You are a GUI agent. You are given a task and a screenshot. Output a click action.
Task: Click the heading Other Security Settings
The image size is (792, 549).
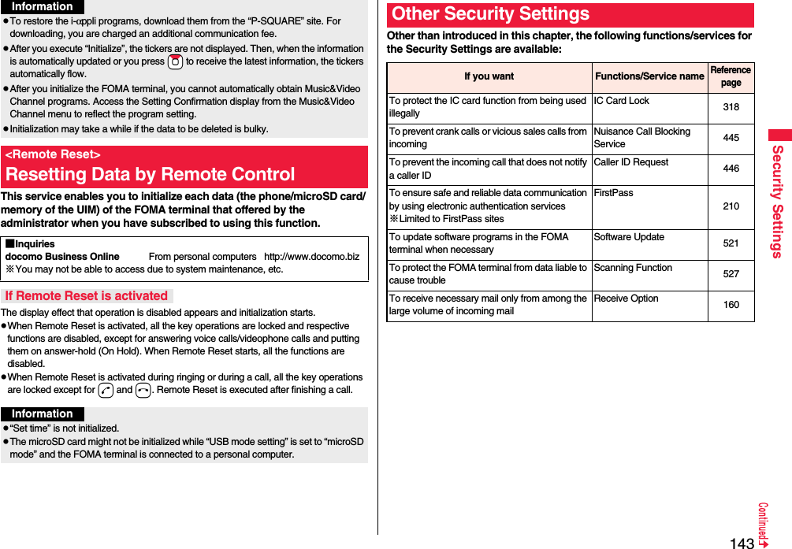(x=490, y=14)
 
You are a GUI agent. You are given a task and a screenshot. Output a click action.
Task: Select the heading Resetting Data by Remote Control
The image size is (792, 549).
(x=151, y=174)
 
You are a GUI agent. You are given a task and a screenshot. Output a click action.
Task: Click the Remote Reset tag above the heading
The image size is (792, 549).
(x=53, y=154)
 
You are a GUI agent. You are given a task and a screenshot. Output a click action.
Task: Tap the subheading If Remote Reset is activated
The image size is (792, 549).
(x=86, y=296)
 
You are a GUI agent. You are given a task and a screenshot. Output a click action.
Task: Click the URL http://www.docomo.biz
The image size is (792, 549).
(x=311, y=257)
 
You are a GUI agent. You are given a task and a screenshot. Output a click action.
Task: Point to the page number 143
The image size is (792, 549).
(x=742, y=543)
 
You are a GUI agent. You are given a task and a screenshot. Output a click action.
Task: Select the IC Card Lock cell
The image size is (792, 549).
(x=622, y=101)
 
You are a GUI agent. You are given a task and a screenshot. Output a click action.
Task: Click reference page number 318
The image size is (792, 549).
(x=731, y=107)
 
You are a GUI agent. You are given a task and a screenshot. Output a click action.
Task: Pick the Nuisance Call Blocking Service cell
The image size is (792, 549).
(x=641, y=138)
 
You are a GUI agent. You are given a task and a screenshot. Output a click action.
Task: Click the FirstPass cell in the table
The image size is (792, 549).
(x=613, y=193)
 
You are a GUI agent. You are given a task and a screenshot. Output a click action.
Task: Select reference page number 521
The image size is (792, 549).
(x=731, y=243)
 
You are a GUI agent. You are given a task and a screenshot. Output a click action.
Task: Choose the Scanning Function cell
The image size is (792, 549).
(x=633, y=268)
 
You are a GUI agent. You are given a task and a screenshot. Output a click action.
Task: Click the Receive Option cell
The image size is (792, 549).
(x=626, y=299)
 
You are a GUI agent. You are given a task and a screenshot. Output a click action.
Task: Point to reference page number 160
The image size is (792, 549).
(x=731, y=305)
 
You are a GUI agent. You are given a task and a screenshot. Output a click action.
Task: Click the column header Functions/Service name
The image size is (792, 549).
(x=649, y=76)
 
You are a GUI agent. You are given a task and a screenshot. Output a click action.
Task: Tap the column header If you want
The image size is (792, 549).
(x=489, y=76)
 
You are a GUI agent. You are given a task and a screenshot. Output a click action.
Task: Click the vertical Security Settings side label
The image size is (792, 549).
(x=778, y=202)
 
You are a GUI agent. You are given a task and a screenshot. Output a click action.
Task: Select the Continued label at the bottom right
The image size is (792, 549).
(x=763, y=524)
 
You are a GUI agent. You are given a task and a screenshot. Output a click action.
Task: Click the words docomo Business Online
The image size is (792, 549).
(x=62, y=257)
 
